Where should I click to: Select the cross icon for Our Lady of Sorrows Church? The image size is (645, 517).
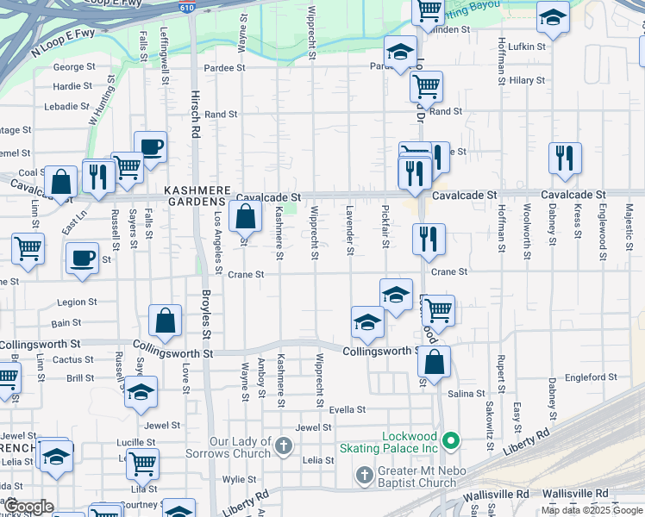[285, 446]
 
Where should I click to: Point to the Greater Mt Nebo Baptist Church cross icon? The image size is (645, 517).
[365, 475]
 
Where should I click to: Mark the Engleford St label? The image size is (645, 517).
[590, 377]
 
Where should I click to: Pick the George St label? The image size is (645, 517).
[68, 66]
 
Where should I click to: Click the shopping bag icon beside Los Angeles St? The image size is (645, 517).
[246, 216]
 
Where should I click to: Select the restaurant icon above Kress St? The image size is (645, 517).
[565, 158]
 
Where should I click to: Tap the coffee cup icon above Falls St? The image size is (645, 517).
[150, 146]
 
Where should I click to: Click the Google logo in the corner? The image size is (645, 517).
[29, 508]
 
